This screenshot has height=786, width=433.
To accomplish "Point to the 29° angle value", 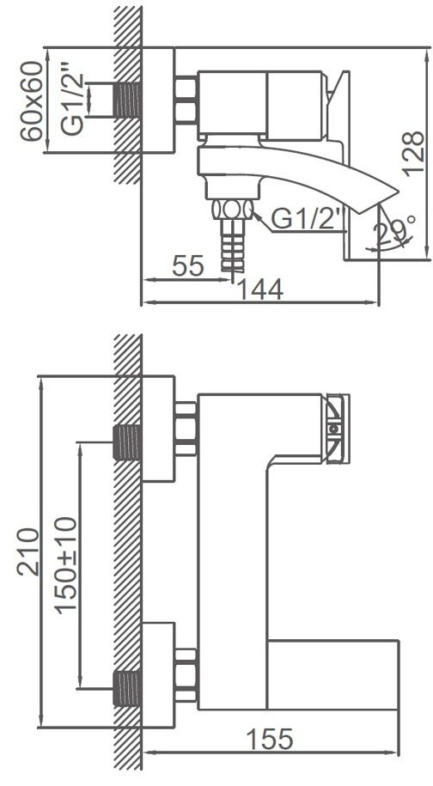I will tap(396, 230).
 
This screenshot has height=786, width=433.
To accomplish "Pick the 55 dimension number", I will tap(186, 266).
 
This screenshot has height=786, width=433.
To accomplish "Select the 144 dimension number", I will tap(260, 290).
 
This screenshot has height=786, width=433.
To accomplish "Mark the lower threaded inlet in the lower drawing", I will tap(128, 687).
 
